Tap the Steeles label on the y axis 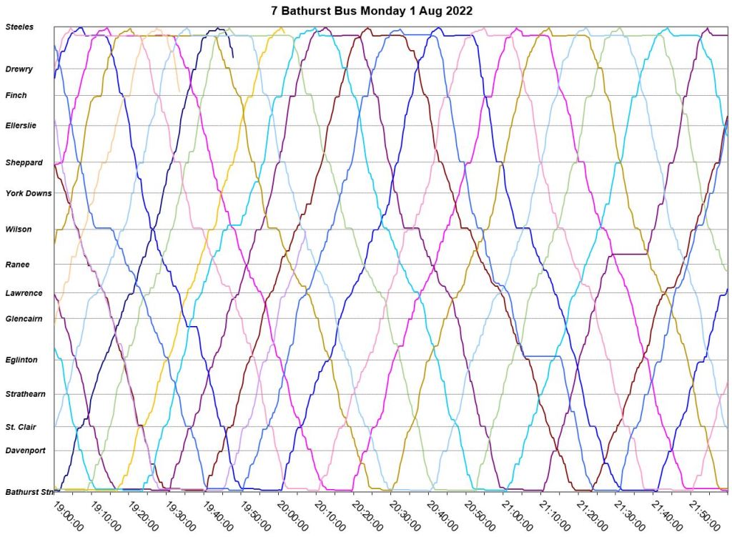pyautogui.click(x=19, y=27)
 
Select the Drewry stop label pyautogui.click(x=19, y=69)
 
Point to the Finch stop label pyautogui.click(x=16, y=95)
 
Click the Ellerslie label pyautogui.click(x=21, y=126)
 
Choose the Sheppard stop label pyautogui.click(x=24, y=162)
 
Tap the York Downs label pyautogui.click(x=29, y=193)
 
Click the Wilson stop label pyautogui.click(x=18, y=230)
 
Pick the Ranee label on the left pyautogui.click(x=17, y=265)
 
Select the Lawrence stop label pyautogui.click(x=24, y=293)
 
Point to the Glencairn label pyautogui.click(x=24, y=318)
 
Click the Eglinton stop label pyautogui.click(x=21, y=360)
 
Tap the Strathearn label pyautogui.click(x=25, y=394)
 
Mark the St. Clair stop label pyautogui.click(x=21, y=427)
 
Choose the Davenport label pyautogui.click(x=26, y=450)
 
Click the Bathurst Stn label pyautogui.click(x=29, y=492)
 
